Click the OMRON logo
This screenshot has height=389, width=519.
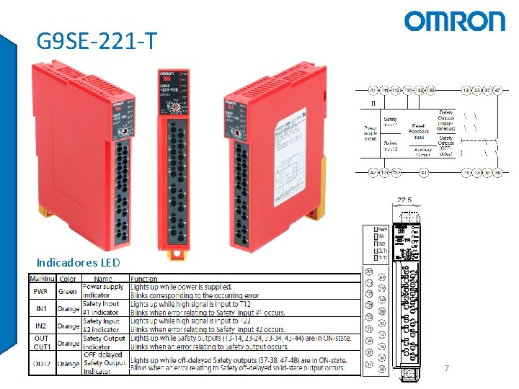455,21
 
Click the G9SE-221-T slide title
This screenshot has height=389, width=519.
96,42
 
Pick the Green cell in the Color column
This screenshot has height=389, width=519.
68,291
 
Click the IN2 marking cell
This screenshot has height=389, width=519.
40,326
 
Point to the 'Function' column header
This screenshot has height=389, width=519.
144,278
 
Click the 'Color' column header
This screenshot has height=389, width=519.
68,278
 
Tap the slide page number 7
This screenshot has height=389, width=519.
447,368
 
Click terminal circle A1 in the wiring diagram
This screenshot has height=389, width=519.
373,91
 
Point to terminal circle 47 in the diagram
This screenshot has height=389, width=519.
497,91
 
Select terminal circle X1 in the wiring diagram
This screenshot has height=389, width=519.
425,173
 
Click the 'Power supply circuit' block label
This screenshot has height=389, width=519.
371,134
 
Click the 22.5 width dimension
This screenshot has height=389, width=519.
405,200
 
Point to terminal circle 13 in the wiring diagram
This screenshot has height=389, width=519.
466,91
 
